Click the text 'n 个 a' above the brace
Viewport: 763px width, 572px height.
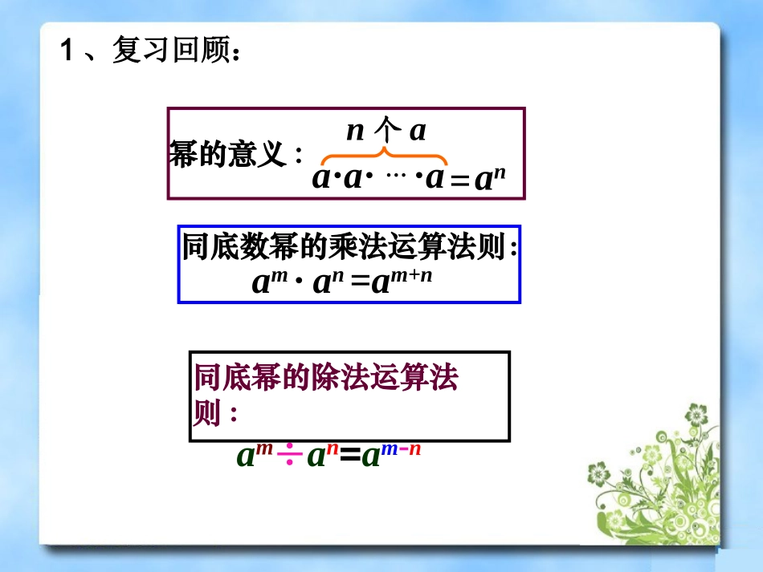pos(386,130)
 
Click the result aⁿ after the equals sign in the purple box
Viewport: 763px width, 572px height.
pos(489,179)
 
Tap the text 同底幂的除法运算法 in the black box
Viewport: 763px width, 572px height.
pos(326,379)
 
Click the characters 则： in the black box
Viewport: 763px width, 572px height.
pos(216,414)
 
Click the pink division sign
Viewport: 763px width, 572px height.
pos(290,456)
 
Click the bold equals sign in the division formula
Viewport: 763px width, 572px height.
pos(349,456)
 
